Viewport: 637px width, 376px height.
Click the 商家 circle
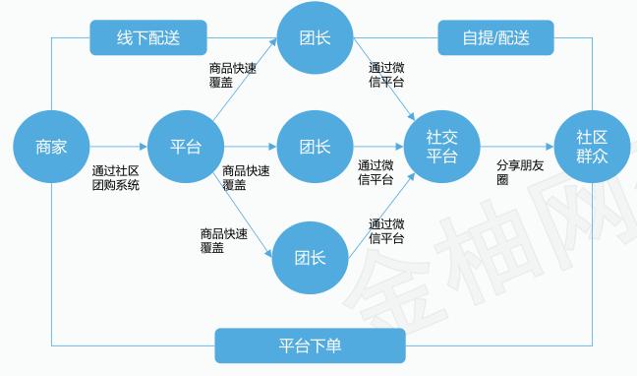click(51, 148)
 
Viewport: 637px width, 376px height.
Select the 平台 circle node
click(185, 148)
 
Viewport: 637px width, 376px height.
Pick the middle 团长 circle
click(315, 148)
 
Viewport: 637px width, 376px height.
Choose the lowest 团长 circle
click(311, 258)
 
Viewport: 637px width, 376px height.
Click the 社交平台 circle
click(441, 148)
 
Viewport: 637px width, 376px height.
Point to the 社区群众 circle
click(591, 148)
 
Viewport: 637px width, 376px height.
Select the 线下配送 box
click(148, 38)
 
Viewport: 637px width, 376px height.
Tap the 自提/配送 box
click(495, 38)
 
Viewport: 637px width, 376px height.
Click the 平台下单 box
click(310, 345)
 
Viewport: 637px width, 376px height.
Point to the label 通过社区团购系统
click(116, 177)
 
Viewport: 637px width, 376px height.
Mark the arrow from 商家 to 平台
click(118, 148)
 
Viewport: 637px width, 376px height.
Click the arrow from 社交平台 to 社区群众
click(517, 148)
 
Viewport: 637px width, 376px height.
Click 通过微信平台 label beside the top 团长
click(386, 75)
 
